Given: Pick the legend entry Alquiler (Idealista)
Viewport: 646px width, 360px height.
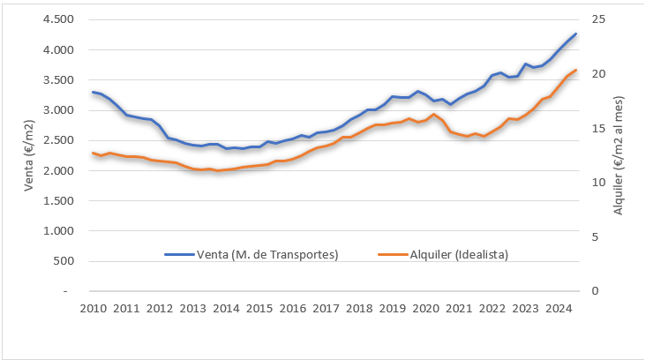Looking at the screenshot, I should point(458,254).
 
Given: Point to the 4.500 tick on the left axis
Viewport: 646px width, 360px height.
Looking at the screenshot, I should point(61,19).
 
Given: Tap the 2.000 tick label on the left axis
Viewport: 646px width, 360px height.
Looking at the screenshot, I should point(61,170).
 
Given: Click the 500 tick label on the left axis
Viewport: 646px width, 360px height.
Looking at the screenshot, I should point(66,260).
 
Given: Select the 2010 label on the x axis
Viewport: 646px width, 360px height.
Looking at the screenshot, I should point(93,308).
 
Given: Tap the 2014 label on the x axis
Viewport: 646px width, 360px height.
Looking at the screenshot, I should point(226,308).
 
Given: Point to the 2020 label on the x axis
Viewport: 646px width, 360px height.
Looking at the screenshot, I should point(425,308).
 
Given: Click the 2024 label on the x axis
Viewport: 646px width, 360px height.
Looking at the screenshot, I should point(558,308).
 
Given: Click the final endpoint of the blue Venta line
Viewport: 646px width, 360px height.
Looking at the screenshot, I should point(575,34).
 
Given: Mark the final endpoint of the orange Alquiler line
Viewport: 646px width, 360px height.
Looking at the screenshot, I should point(575,70).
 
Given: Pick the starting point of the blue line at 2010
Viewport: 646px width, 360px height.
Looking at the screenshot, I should point(93,92).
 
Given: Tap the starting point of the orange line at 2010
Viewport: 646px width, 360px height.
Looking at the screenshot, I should point(93,153).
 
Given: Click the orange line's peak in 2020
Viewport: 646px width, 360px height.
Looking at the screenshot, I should point(433,114).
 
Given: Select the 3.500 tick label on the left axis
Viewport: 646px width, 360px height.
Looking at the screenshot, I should point(61,79).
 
